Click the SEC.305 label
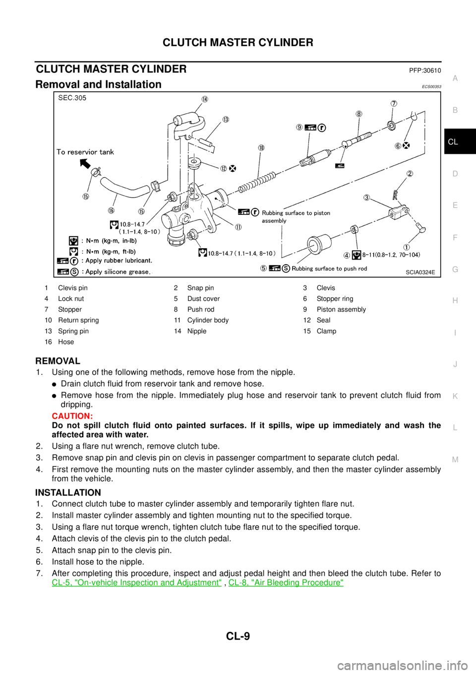(72, 98)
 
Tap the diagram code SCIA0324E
(420, 272)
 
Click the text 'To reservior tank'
(85, 152)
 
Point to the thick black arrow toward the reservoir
(87, 163)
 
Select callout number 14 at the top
(204, 98)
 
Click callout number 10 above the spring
(261, 147)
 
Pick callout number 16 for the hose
(111, 210)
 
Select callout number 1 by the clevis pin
(406, 247)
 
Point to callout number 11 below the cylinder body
(238, 227)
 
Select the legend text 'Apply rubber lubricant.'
(119, 261)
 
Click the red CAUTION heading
(72, 416)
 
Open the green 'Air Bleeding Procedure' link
(286, 582)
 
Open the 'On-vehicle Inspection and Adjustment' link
(137, 582)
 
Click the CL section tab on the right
(453, 142)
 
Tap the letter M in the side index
(455, 460)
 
